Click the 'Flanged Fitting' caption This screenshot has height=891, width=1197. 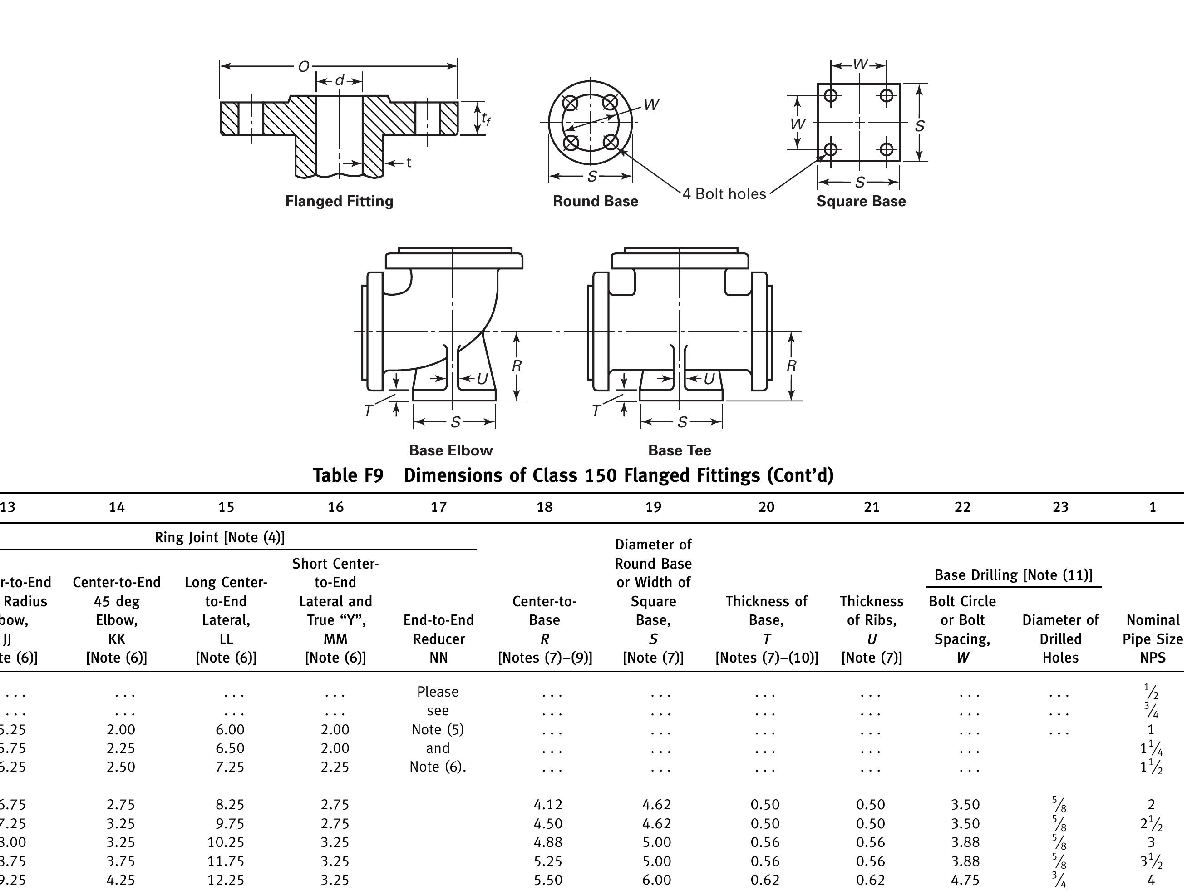point(339,201)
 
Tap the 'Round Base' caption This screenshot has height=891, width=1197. point(595,201)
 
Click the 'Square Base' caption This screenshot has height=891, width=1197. point(861,201)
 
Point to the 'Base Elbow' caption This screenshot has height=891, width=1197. point(451,450)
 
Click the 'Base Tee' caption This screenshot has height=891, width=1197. point(679,450)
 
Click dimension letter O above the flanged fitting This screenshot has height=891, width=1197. point(303,66)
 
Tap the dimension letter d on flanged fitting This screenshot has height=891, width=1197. point(340,80)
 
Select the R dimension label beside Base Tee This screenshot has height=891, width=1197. point(791,366)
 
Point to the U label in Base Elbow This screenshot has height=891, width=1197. point(482,379)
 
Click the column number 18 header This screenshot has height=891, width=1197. point(544,507)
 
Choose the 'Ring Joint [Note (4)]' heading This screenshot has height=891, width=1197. point(219,537)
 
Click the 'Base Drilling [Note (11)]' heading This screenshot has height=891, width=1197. point(1013,575)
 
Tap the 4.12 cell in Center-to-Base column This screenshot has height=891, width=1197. point(547,805)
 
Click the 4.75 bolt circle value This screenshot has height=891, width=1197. point(965,880)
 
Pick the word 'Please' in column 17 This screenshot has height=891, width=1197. point(438,692)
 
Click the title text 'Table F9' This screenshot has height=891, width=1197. point(348,475)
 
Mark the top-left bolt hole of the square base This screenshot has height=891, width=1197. point(831,95)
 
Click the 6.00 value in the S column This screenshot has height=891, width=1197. point(656,880)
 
